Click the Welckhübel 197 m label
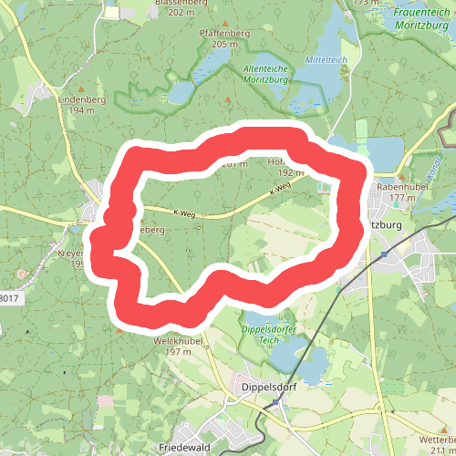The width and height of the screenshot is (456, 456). pos(171,346)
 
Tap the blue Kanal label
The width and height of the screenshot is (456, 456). pos(432,169)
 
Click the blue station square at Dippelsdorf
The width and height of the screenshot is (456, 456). pos(274,402)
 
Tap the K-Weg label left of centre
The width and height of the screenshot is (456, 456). pos(183,213)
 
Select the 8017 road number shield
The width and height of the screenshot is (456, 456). pos(7,297)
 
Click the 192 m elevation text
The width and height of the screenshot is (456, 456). pos(291,171)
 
